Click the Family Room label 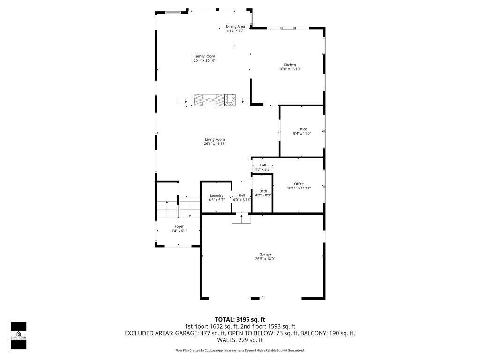pos(204,56)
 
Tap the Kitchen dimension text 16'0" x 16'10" pos(290,69)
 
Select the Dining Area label pos(235,27)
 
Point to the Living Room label pos(215,139)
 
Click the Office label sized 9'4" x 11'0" pos(302,129)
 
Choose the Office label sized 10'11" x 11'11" pos(299,184)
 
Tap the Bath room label pos(263,191)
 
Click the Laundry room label pos(217,195)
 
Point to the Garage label pos(265,255)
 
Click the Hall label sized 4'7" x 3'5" pos(262,165)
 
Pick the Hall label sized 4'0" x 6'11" pos(242,195)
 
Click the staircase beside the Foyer pos(178,207)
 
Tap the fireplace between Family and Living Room pos(214,100)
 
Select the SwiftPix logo pos(18,335)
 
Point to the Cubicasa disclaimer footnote pos(240,350)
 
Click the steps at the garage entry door pos(241,218)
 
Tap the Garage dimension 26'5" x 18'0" pos(265,259)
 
